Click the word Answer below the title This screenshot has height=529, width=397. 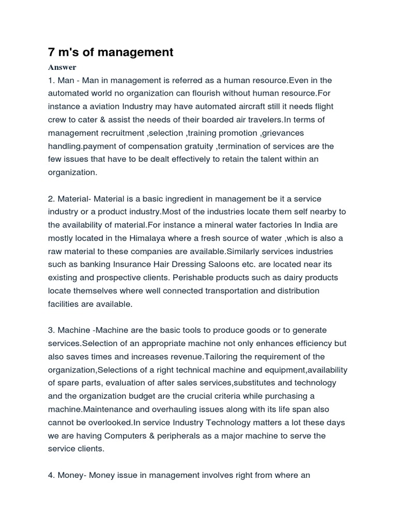(62, 67)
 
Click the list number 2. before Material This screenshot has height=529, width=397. (52, 199)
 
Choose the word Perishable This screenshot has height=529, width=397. (198, 278)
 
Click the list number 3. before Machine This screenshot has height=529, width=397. (52, 330)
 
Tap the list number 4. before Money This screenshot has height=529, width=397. (52, 475)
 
